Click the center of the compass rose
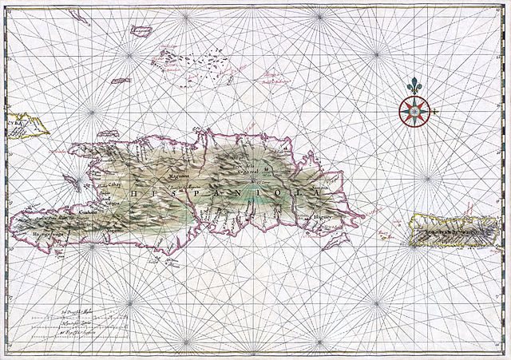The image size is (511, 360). click(x=413, y=112)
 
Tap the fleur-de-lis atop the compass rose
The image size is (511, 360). click(x=413, y=85)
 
